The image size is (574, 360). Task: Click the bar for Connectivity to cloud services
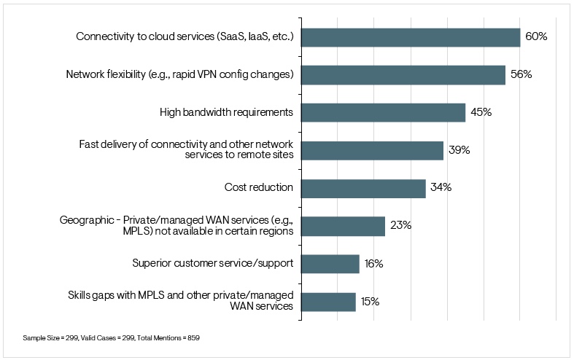pos(411,37)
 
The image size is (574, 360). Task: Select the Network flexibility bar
pos(403,75)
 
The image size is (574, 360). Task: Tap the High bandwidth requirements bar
pos(383,113)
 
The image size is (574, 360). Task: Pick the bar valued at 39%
pos(372,151)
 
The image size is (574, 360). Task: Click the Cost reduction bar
pos(363,189)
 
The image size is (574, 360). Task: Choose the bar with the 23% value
pos(343,226)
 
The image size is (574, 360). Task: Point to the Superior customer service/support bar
pos(330,264)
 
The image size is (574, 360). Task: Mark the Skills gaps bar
pos(328,302)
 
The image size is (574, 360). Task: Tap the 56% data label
pos(521,74)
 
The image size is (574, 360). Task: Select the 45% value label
pos(481,112)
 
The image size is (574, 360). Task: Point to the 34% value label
pos(441,188)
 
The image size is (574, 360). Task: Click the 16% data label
pos(374,264)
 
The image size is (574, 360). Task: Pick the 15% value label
pos(371,302)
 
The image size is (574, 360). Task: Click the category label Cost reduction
pos(258,188)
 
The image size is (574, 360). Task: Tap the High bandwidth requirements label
pos(226,112)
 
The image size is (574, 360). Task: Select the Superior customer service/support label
pos(212,264)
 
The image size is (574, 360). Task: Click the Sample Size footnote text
pos(111,339)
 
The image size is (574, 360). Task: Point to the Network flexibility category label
pos(179,74)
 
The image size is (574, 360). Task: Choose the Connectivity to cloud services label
pos(185,36)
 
